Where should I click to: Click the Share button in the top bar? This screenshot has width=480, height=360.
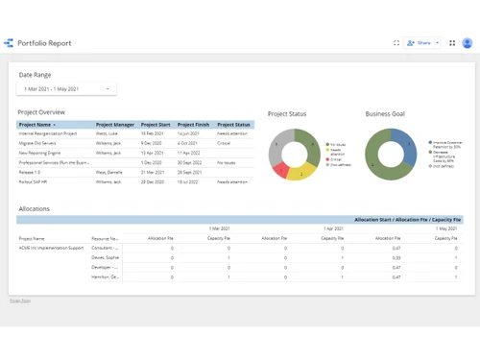point(421,43)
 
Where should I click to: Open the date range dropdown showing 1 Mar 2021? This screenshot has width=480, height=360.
point(65,89)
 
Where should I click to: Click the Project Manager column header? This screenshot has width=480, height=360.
point(115,125)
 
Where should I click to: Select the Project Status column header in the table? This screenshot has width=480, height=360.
point(233,125)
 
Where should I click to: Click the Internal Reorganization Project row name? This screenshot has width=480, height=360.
point(48,133)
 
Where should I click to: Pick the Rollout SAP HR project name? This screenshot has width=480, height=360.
point(36,181)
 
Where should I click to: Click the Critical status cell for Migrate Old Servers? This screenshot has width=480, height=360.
point(224,143)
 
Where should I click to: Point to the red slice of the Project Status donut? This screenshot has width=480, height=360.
point(280,170)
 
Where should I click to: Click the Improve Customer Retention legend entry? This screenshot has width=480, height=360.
point(447,144)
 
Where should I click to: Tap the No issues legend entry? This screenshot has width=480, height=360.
point(337,144)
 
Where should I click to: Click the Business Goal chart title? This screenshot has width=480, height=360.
point(385,114)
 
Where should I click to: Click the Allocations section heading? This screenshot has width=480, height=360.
point(34,208)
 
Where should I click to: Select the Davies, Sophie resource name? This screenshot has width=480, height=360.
point(106,257)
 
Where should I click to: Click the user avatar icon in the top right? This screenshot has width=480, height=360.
point(468,43)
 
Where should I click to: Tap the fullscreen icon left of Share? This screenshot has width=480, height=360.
point(396,43)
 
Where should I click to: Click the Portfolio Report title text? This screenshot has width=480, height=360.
point(45,43)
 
